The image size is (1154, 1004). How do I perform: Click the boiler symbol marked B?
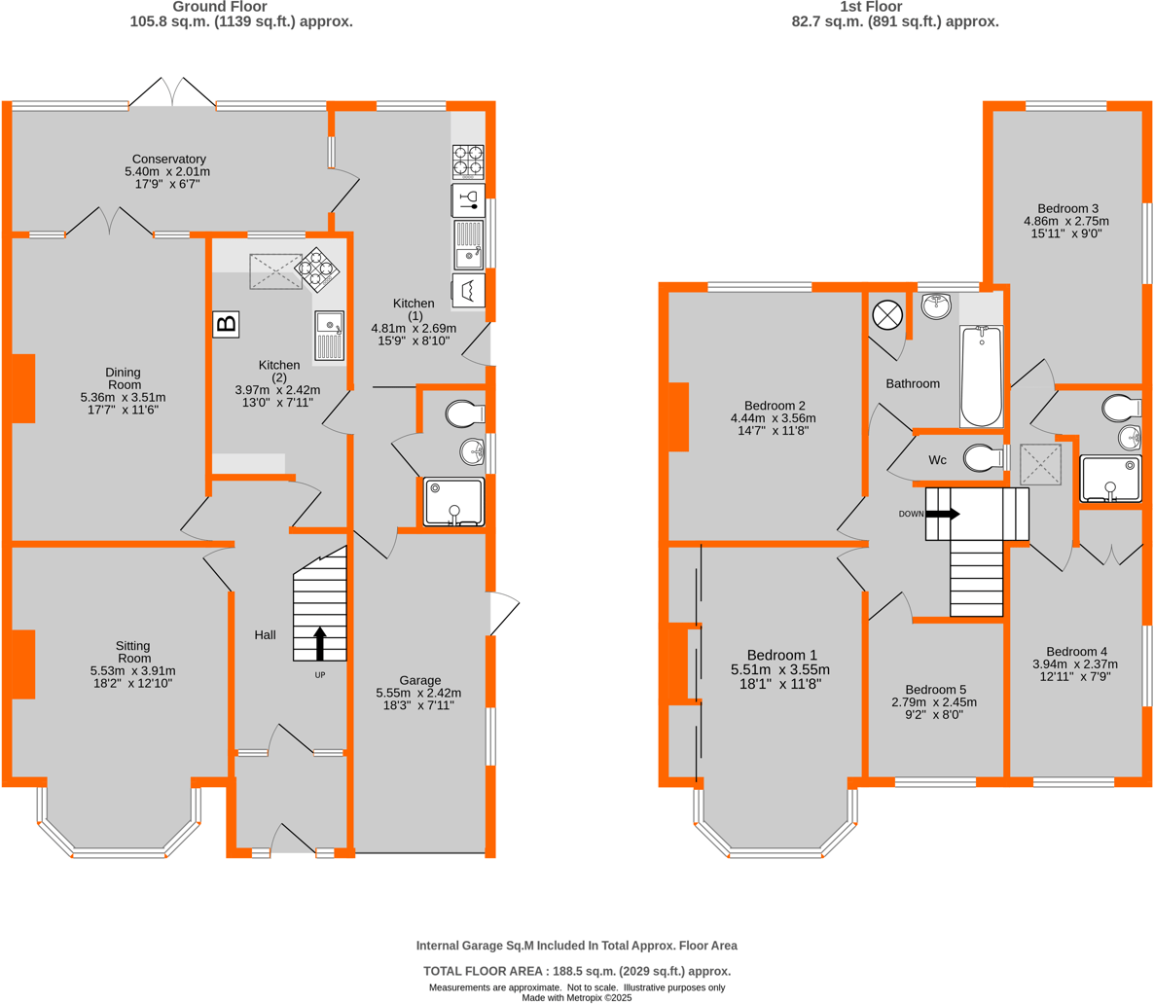226,324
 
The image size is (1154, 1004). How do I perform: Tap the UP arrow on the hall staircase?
320,644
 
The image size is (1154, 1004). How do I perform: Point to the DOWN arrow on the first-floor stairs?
942,514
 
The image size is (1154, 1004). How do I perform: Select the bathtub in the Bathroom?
981,376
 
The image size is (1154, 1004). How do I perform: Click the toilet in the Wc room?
985,456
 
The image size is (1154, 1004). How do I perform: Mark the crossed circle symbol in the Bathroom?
887,315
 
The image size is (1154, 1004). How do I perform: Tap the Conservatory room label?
169,160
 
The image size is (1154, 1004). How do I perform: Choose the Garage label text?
420,680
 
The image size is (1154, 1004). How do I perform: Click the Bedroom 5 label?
934,689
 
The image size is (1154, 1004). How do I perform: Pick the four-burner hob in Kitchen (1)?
468,161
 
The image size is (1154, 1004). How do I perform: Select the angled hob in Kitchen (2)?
317,269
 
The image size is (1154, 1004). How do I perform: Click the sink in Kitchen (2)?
329,336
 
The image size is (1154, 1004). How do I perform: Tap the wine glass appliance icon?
468,200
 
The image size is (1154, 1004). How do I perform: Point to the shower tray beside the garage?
453,501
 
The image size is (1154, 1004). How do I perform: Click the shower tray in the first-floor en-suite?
1109,479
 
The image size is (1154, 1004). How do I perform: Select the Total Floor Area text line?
576,971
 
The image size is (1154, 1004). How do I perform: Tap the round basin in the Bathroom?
936,306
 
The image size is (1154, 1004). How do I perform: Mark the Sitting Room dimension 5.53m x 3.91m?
132,671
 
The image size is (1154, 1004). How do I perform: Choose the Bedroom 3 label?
1067,208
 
